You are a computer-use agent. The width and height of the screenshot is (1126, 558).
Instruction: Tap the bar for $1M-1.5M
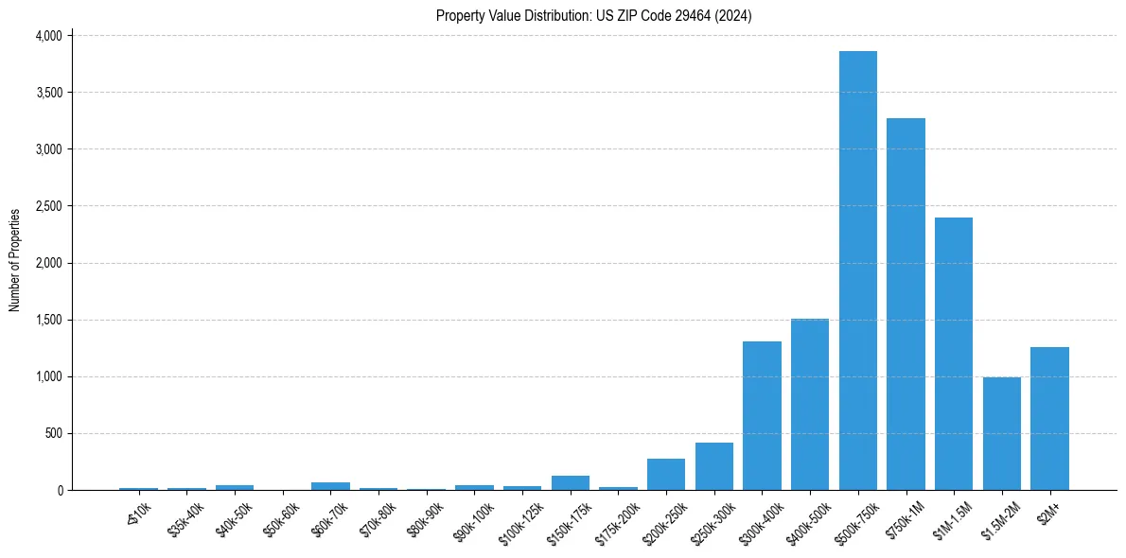954,354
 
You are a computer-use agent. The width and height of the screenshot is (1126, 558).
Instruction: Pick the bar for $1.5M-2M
1002,434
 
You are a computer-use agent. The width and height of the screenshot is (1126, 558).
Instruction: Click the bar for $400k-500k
810,405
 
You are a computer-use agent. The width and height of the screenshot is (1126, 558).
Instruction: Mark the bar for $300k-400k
762,416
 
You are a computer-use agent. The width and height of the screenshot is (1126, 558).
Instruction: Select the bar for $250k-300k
714,466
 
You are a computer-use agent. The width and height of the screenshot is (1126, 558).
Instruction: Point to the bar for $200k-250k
666,475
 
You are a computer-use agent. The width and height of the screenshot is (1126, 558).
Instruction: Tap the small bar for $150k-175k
571,483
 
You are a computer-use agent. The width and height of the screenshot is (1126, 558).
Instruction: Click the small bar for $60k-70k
330,486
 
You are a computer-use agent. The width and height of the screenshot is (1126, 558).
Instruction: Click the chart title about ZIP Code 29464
594,16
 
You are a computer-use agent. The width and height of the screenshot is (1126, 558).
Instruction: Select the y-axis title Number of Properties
15,261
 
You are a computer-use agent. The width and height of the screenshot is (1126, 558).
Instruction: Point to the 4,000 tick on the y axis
48,36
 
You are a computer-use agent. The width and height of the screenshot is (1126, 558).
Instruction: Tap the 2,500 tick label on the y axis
48,206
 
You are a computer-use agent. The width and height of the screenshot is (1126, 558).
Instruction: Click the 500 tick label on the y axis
54,433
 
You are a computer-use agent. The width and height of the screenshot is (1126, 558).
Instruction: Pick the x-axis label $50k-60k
281,519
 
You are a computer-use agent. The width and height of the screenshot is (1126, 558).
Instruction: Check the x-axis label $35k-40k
185,519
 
